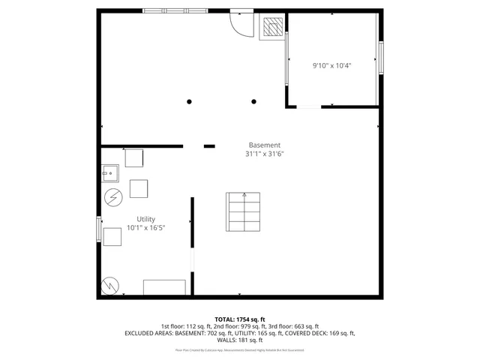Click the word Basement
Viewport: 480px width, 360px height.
click(x=265, y=145)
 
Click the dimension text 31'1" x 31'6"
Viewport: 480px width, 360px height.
click(x=265, y=154)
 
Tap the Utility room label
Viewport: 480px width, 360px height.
click(x=145, y=219)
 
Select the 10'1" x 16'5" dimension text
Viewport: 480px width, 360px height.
click(x=145, y=227)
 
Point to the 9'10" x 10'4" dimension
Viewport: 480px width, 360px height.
click(x=332, y=65)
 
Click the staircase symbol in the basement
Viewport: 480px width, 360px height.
click(x=243, y=212)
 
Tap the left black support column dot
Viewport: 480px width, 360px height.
click(x=190, y=102)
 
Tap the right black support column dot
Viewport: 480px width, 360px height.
click(x=254, y=102)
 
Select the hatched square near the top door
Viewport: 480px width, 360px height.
click(x=271, y=28)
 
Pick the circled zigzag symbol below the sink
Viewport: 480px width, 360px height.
click(x=112, y=197)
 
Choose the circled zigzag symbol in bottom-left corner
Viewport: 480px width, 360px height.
click(x=109, y=285)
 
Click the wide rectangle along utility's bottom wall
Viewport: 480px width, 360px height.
click(x=164, y=287)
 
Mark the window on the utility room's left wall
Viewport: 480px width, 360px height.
click(x=99, y=229)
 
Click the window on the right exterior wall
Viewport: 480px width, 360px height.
click(x=381, y=58)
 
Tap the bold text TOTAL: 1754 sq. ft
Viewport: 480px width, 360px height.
click(x=240, y=319)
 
